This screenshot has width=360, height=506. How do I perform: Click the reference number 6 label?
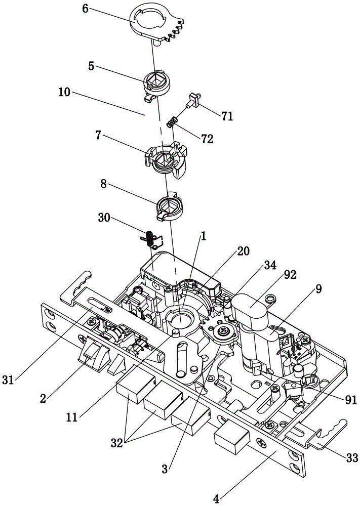point(86,10)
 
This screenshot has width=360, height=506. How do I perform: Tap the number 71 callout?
point(226,116)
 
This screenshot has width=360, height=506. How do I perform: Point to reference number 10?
point(65,93)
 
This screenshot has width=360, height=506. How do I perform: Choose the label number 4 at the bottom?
point(216,498)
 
